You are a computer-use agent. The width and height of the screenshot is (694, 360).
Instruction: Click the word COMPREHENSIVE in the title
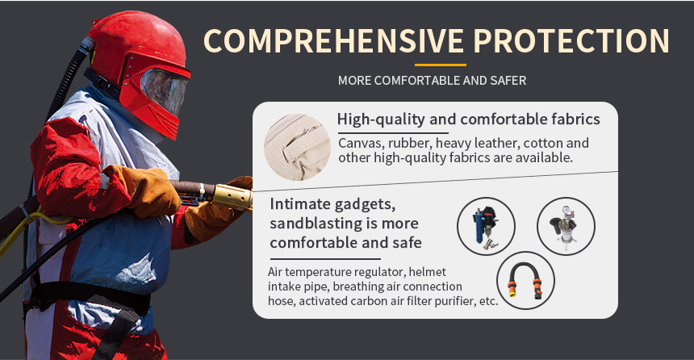[x=333, y=40]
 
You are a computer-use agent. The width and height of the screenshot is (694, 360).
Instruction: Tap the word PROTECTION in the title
[x=571, y=40]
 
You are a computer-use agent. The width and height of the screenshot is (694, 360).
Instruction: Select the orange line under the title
[x=441, y=65]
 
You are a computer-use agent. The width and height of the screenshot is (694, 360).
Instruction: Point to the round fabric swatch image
[x=298, y=147]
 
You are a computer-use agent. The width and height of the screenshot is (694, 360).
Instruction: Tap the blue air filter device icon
[x=486, y=226]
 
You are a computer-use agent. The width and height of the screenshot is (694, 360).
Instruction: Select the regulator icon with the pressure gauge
[x=566, y=226]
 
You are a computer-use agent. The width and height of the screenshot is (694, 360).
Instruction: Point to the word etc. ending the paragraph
[x=489, y=301]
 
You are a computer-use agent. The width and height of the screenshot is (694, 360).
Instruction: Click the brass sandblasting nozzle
[x=232, y=197]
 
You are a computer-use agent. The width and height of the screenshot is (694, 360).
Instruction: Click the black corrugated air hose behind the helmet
[x=66, y=80]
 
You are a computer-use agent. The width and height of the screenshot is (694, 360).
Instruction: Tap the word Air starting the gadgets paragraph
[x=275, y=272]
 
